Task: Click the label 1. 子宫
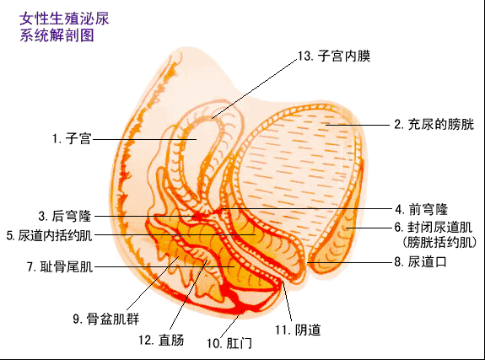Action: pyautogui.click(x=72, y=138)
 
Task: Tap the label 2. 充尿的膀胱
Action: pyautogui.click(x=434, y=124)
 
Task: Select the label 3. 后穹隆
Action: pyautogui.click(x=65, y=216)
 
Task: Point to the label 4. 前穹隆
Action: pyautogui.click(x=421, y=209)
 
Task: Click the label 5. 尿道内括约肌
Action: pyautogui.click(x=50, y=235)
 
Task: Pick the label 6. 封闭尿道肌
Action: pyautogui.click(x=434, y=228)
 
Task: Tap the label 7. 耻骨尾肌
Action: pyautogui.click(x=60, y=266)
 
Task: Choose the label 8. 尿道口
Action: pyautogui.click(x=421, y=262)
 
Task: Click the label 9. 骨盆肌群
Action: pyautogui.click(x=106, y=319)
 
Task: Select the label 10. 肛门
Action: pyautogui.click(x=229, y=343)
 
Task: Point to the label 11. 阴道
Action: pyautogui.click(x=298, y=330)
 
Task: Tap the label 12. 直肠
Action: pyautogui.click(x=161, y=340)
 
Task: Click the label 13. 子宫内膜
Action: pyautogui.click(x=334, y=56)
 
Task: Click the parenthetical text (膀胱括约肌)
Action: pyautogui.click(x=439, y=242)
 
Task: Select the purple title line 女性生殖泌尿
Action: pyautogui.click(x=64, y=19)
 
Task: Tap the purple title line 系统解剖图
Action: pyautogui.click(x=57, y=35)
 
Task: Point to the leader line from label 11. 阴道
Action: pyautogui.click(x=288, y=301)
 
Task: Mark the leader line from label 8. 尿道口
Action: pyautogui.click(x=350, y=262)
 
